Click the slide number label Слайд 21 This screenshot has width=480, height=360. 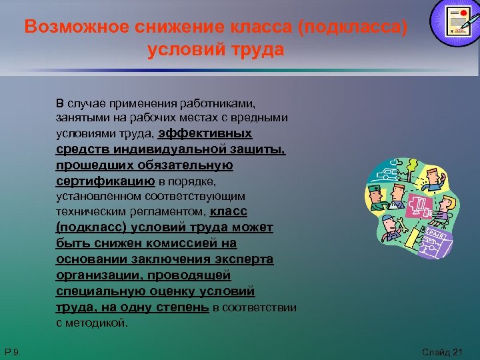click(x=442, y=351)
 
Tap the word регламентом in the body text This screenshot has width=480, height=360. click(x=175, y=213)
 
